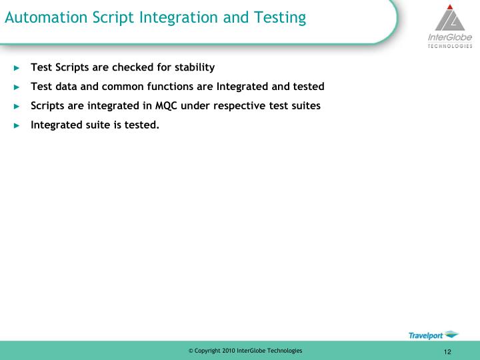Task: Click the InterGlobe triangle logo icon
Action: pyautogui.click(x=451, y=18)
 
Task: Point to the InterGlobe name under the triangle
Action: pyautogui.click(x=449, y=39)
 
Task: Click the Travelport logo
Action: pyautogui.click(x=433, y=334)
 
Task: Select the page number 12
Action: pyautogui.click(x=447, y=352)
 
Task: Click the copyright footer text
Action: pyautogui.click(x=245, y=351)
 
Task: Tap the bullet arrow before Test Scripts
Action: pyautogui.click(x=17, y=67)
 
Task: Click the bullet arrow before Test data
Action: pyautogui.click(x=17, y=87)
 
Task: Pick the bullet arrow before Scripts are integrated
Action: pyautogui.click(x=17, y=106)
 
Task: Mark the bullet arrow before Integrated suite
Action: pyautogui.click(x=17, y=125)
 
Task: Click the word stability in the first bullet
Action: pyautogui.click(x=195, y=67)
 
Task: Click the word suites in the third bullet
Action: pyautogui.click(x=305, y=105)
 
